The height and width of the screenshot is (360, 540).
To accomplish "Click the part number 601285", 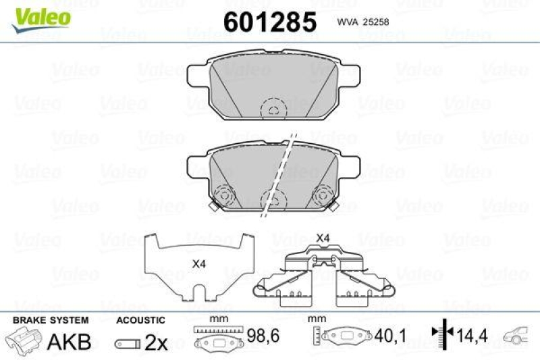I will tap(269, 22).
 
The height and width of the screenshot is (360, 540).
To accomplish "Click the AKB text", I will tap(69, 342).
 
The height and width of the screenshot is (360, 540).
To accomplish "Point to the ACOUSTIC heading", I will tap(140, 319).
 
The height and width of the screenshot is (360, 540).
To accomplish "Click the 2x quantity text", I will tap(156, 342).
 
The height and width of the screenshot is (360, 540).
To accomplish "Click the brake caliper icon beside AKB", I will tap(24, 340).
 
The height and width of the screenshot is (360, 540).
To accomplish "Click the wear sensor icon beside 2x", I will tap(128, 343).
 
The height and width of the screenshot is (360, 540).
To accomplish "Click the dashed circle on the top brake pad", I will tap(274, 109).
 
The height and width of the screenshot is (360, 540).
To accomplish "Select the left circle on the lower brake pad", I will tap(223, 197).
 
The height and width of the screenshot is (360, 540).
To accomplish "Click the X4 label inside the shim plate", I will tap(198, 264).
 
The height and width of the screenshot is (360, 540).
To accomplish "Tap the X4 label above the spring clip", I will tap(323, 238).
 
